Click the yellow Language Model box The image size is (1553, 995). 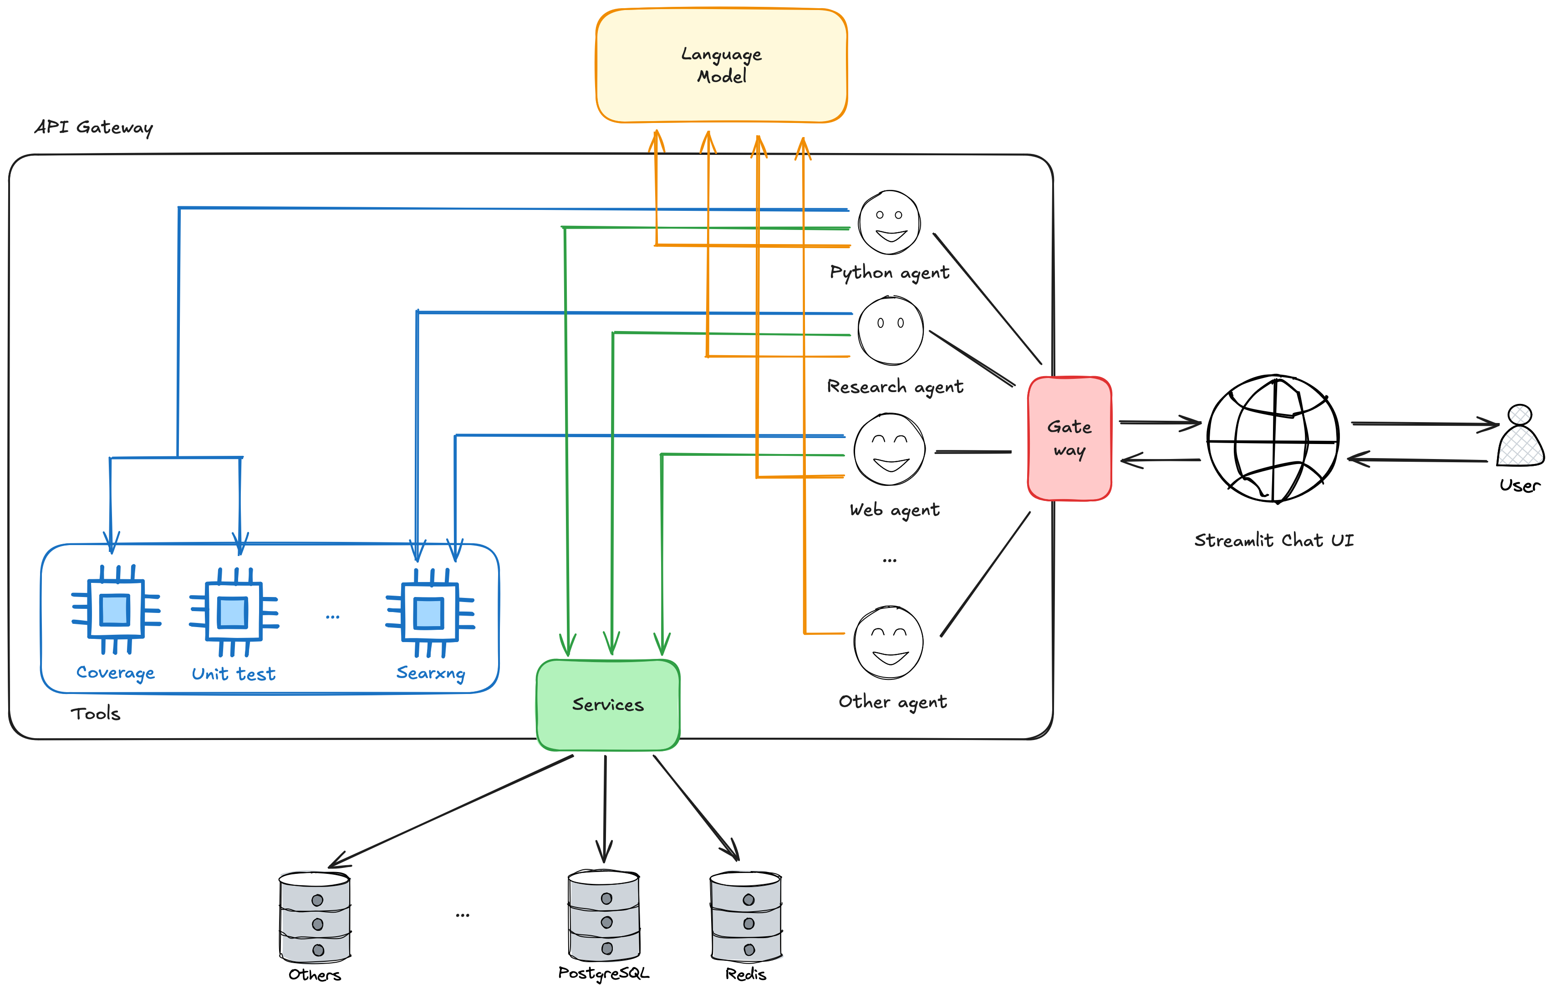721,65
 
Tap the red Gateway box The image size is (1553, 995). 1069,439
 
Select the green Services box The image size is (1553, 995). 607,704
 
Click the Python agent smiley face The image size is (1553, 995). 889,222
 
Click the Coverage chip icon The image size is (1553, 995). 116,610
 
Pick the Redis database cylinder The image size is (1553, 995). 746,916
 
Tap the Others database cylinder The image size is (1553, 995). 315,918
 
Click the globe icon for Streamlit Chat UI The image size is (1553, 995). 1273,439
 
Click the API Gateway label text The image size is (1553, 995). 94,128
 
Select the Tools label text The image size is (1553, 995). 96,713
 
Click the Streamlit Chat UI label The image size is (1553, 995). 1273,540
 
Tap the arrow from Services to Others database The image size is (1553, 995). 452,811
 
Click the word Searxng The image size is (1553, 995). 430,673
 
